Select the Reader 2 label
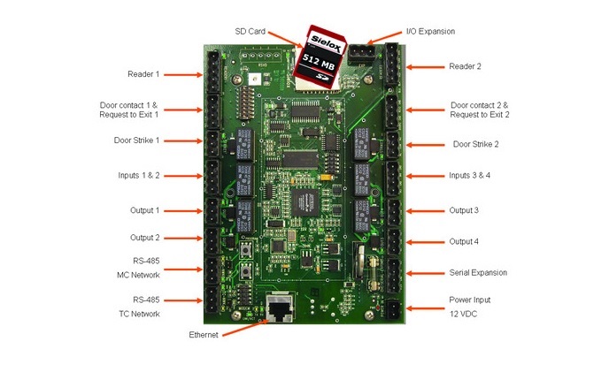pyautogui.click(x=465, y=66)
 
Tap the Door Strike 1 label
pyautogui.click(x=139, y=140)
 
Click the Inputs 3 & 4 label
pyautogui.click(x=469, y=175)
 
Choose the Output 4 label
pyautogui.click(x=464, y=241)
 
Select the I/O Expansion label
pyautogui.click(x=430, y=32)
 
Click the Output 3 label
pyautogui.click(x=464, y=210)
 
